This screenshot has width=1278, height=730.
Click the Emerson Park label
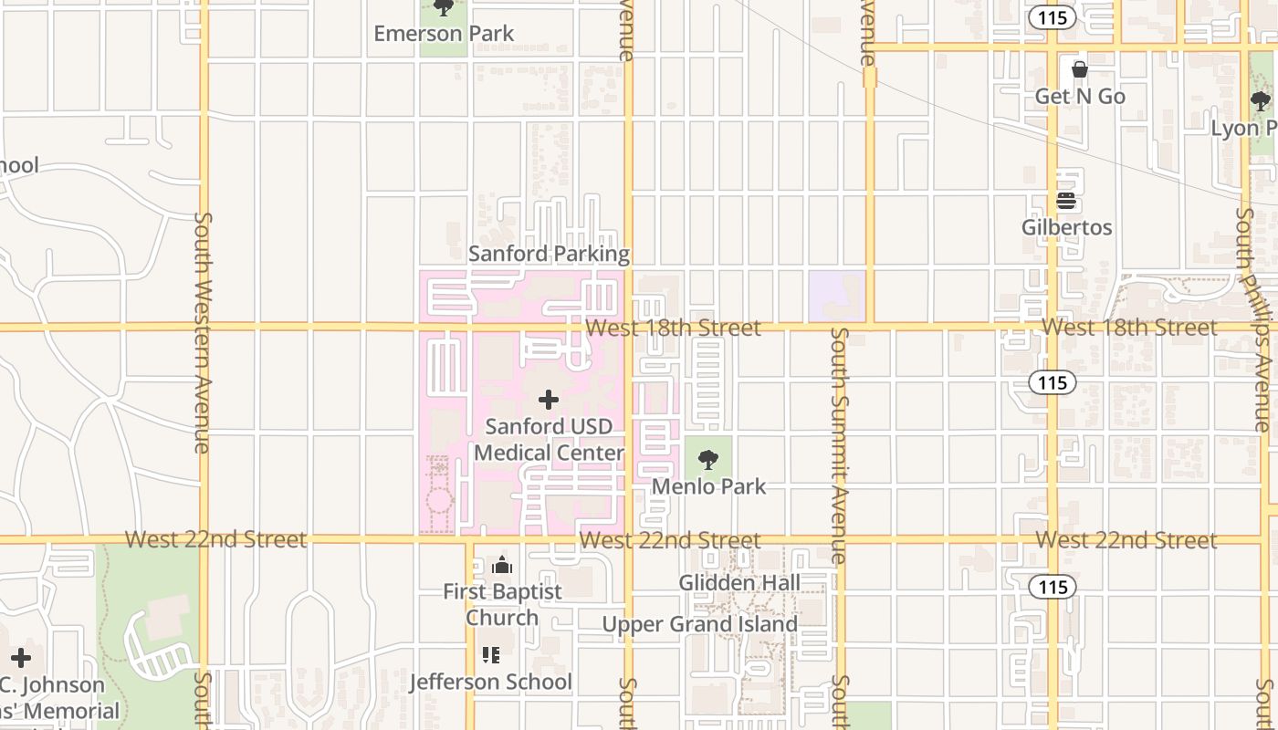(444, 34)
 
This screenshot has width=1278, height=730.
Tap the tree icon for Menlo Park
(708, 460)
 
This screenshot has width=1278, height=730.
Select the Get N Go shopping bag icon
(1079, 69)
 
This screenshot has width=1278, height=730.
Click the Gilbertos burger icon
(1066, 201)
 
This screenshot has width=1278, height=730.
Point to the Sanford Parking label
(549, 254)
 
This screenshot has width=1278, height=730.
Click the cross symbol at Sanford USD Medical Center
(549, 400)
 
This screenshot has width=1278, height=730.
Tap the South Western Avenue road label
(204, 333)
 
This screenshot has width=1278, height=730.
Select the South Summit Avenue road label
(840, 444)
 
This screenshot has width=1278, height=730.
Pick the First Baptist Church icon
(502, 566)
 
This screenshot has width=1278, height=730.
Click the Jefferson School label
(490, 682)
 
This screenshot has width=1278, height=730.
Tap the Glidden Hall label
(739, 582)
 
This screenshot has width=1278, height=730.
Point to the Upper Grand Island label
(700, 625)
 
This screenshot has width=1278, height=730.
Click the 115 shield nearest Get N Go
(1053, 16)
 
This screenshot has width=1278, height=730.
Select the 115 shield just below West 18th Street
(1053, 382)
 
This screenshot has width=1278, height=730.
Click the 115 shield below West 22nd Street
(1053, 587)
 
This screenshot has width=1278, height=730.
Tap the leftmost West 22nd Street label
(215, 539)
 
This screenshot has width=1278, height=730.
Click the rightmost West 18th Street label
(1129, 327)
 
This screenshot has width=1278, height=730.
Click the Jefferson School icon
(491, 654)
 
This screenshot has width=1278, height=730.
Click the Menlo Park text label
(708, 486)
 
